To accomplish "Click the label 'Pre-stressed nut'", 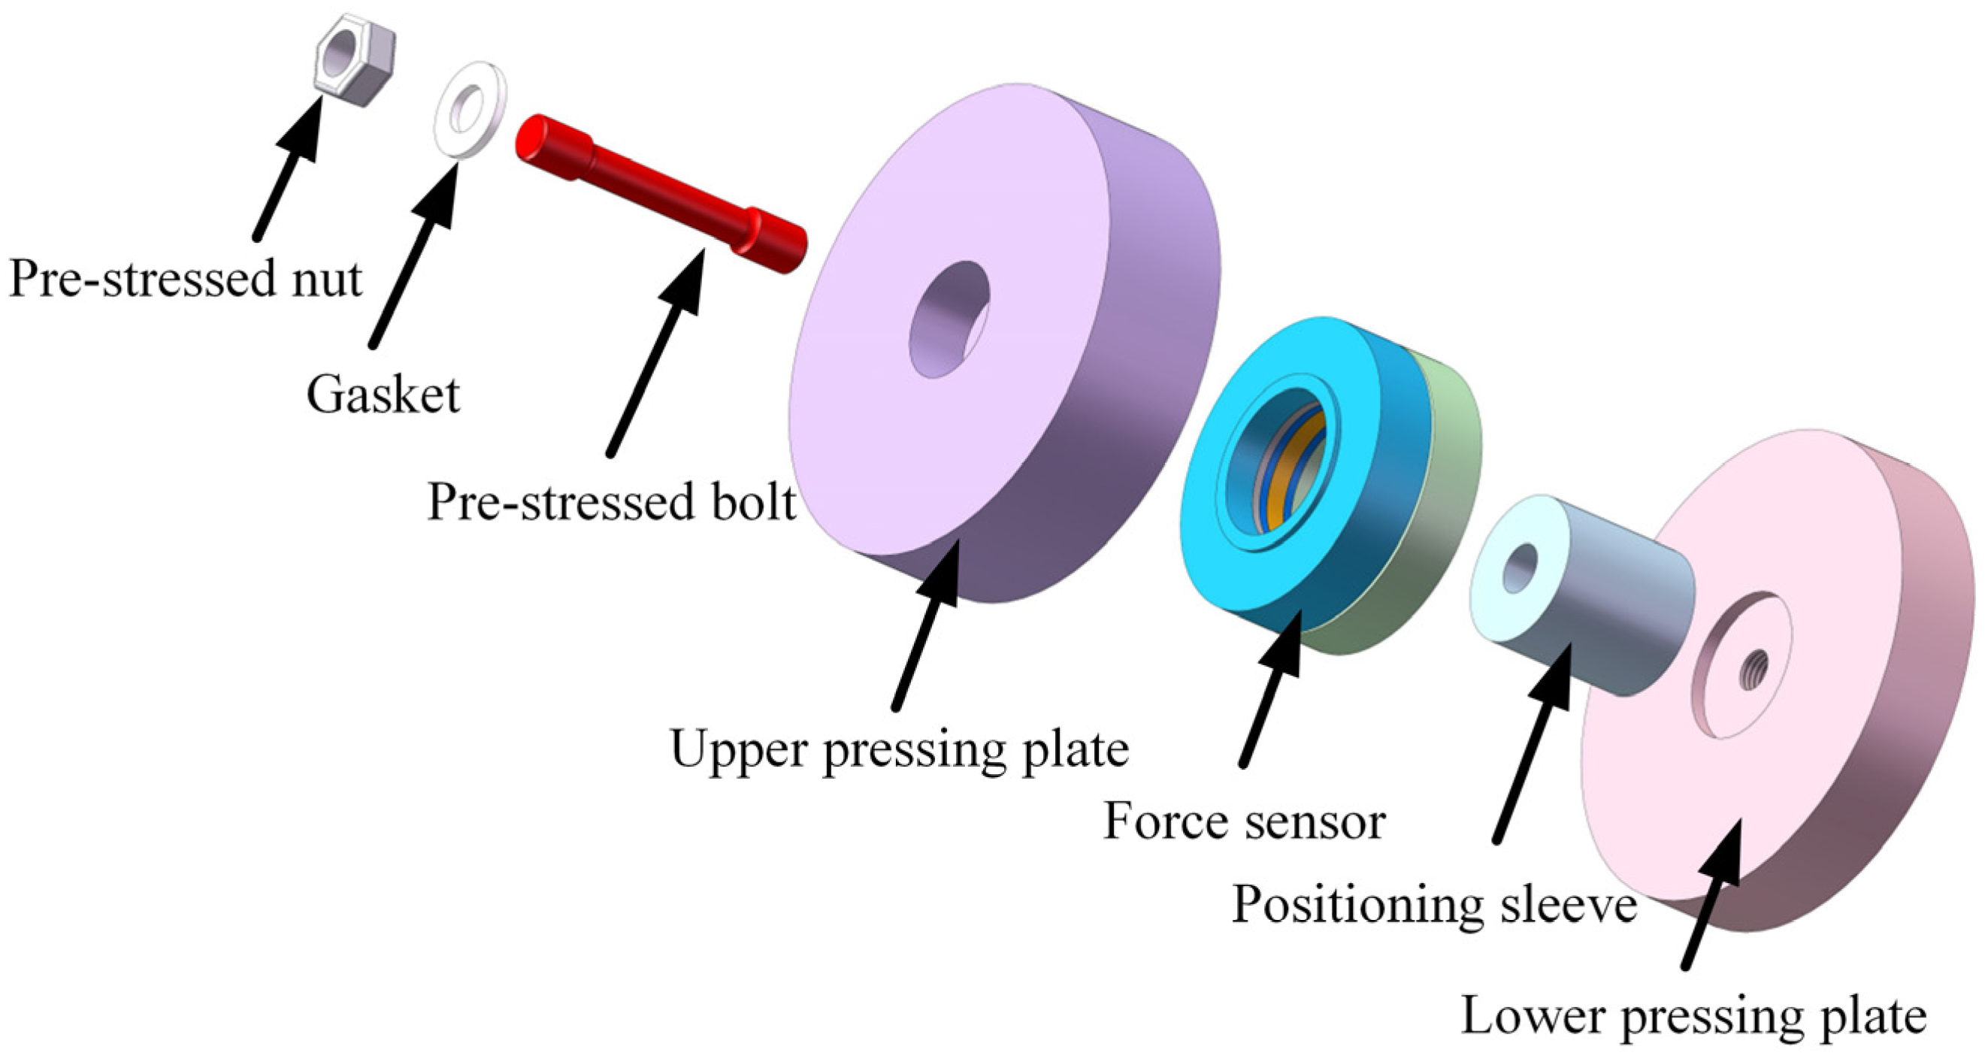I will [x=185, y=279].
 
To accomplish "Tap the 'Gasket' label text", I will [x=383, y=395].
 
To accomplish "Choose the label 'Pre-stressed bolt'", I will [x=611, y=503].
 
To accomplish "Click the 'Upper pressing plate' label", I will [x=899, y=749].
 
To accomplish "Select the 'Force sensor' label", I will [x=1245, y=821].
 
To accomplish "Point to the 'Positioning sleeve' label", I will [x=1434, y=904].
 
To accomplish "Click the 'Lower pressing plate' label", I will [x=1693, y=1017].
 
